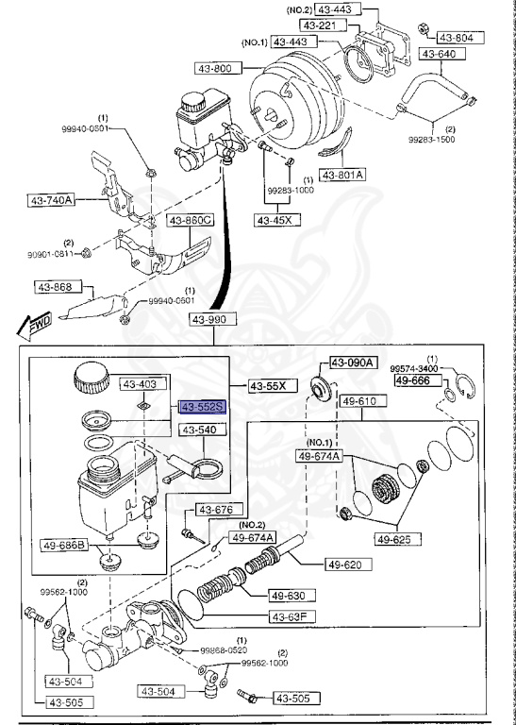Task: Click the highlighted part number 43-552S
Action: click(201, 407)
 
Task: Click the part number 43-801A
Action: click(341, 175)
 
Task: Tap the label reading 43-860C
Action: click(191, 220)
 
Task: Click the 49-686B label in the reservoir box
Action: click(64, 545)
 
